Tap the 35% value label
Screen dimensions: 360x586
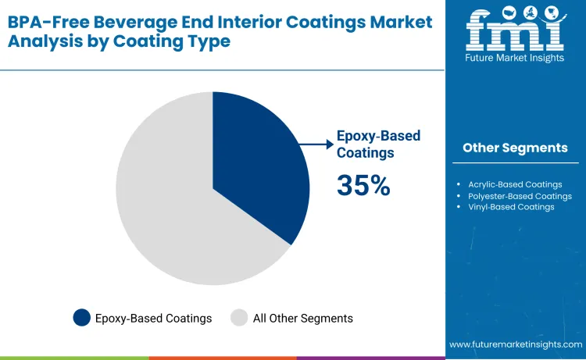363,185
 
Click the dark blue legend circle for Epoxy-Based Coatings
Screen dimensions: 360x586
81,318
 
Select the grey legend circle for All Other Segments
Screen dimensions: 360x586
239,318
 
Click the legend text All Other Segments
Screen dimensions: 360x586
302,318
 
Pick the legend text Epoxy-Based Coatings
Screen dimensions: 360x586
153,318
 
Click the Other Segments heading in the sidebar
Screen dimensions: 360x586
515,148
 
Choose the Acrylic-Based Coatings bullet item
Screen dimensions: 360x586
514,184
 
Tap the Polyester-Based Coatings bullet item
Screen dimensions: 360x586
519,196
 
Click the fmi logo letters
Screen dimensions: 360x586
514,30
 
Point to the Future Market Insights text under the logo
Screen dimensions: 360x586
515,58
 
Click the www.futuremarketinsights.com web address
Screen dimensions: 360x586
516,344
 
